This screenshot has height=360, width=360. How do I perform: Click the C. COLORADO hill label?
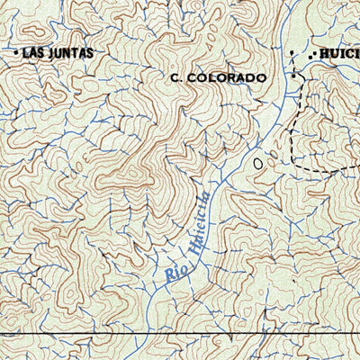coord(219,78)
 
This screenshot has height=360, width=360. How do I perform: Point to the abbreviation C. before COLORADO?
coord(176,78)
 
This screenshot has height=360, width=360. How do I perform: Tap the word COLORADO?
coord(228,78)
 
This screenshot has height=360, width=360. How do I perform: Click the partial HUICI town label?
coord(338,55)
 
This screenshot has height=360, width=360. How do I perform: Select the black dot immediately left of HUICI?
coord(310,56)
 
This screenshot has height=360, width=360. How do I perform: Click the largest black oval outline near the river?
coord(260,164)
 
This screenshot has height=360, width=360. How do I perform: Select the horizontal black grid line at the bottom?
coord(180,334)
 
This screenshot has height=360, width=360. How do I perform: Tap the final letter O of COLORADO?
coord(261,78)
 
